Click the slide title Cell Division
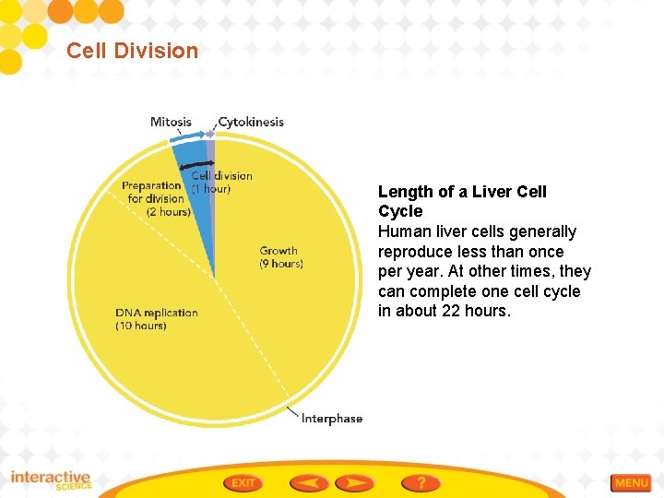132,51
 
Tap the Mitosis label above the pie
171,122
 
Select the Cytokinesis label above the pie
251,122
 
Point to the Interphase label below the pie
332,419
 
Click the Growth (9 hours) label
280,256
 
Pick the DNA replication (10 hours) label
156,319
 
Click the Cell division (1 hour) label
221,182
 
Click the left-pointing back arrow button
309,482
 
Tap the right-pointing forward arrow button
354,482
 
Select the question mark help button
421,482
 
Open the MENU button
632,483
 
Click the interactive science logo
51,480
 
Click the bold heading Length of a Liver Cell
462,192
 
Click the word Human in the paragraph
403,231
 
